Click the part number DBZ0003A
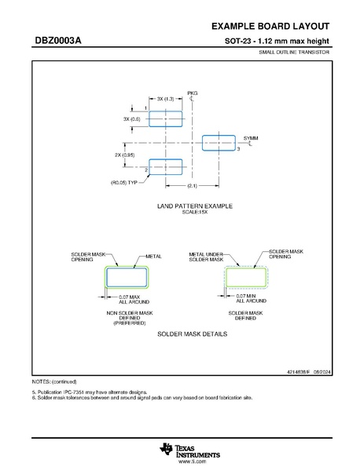pyautogui.click(x=58, y=41)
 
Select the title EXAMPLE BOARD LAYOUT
pyautogui.click(x=270, y=27)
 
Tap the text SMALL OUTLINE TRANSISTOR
pyautogui.click(x=294, y=52)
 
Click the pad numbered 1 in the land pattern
pyautogui.click(x=165, y=119)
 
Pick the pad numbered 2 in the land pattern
pyautogui.click(x=165, y=167)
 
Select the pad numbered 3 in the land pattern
pyautogui.click(x=219, y=143)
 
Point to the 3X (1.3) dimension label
pyautogui.click(x=165, y=99)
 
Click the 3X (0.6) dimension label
pyautogui.click(x=131, y=119)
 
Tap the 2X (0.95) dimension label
pyautogui.click(x=125, y=155)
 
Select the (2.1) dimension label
pyautogui.click(x=192, y=186)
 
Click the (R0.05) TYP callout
pyautogui.click(x=124, y=183)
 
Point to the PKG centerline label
pyautogui.click(x=193, y=93)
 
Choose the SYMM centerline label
pyautogui.click(x=251, y=138)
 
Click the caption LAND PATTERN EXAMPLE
pyautogui.click(x=195, y=206)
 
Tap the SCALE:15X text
pyautogui.click(x=195, y=212)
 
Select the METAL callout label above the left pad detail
pyautogui.click(x=153, y=257)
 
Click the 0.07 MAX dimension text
pyautogui.click(x=130, y=297)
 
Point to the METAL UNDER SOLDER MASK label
pyautogui.click(x=206, y=257)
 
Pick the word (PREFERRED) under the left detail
pyautogui.click(x=130, y=323)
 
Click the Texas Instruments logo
pyautogui.click(x=189, y=451)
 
